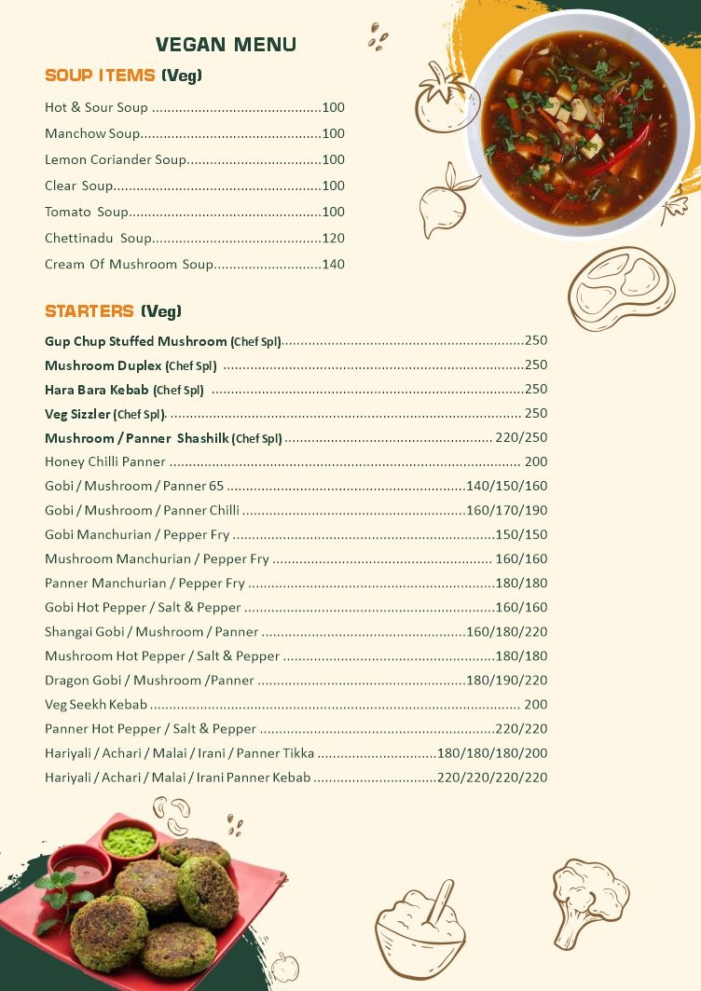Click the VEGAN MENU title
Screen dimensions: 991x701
click(x=226, y=45)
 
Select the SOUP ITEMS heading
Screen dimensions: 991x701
click(x=123, y=76)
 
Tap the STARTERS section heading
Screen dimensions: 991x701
click(x=113, y=310)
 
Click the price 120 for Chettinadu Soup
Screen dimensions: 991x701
click(x=333, y=239)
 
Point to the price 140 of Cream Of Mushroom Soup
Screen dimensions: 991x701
click(x=333, y=265)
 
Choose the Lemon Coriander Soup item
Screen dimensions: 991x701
click(x=115, y=160)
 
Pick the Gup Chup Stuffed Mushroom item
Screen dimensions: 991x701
click(x=136, y=341)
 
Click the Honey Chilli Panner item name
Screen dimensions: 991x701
click(x=105, y=462)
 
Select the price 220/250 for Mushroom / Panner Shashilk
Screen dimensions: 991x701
click(x=521, y=438)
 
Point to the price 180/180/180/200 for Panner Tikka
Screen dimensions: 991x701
click(x=492, y=753)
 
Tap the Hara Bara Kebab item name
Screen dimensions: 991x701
click(x=97, y=390)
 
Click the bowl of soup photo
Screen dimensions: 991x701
click(x=580, y=126)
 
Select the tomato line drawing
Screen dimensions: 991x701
click(x=445, y=100)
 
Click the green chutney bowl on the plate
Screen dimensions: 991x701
click(x=129, y=842)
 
